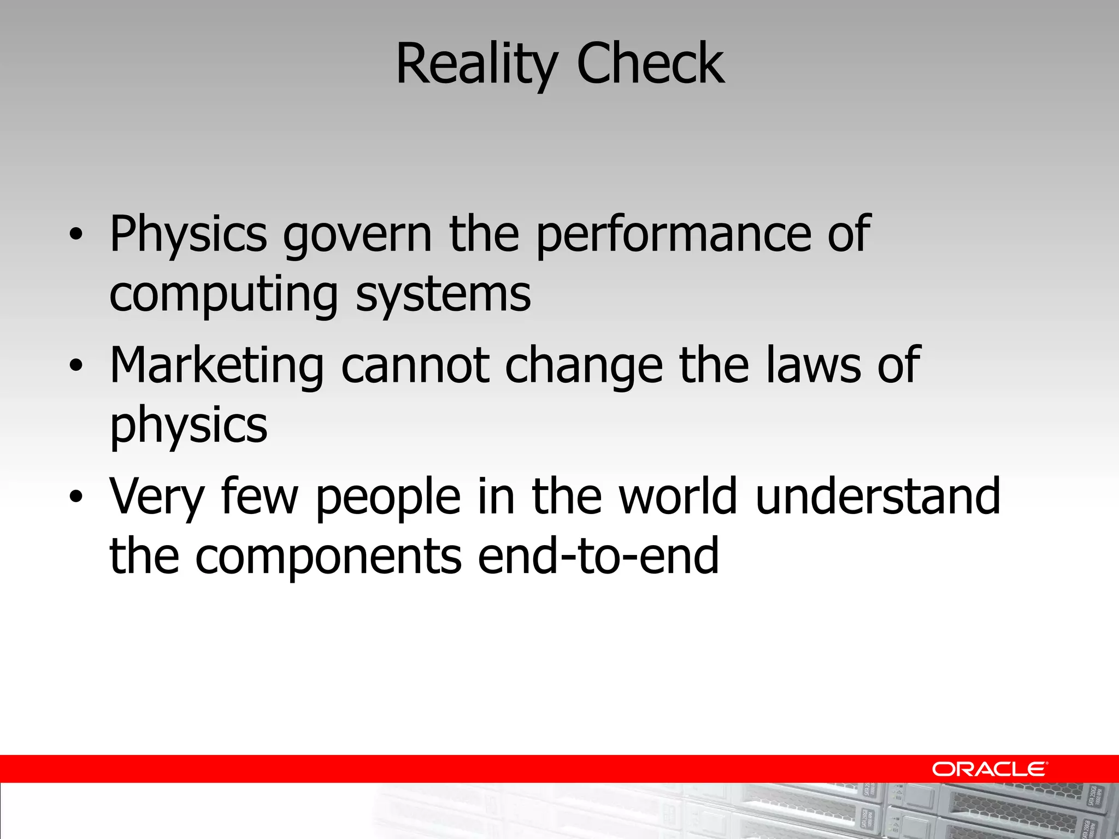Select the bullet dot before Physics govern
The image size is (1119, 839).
[76, 235]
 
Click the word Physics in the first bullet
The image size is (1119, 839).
[189, 235]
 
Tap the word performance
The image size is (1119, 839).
[674, 236]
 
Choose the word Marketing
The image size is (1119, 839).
[217, 366]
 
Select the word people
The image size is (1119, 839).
[388, 497]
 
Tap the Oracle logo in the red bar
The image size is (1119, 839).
[990, 769]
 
